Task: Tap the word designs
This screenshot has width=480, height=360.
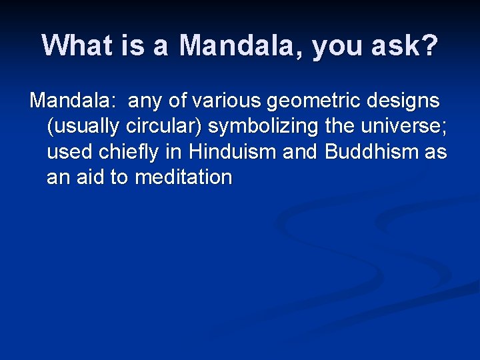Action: (403, 102)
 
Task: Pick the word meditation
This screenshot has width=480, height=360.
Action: (183, 177)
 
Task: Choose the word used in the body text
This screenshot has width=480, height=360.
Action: (68, 152)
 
